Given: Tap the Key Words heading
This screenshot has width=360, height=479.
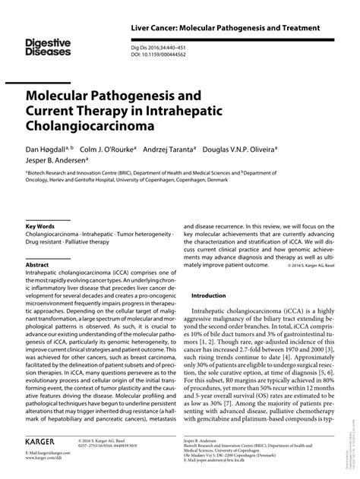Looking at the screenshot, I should point(40,226).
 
